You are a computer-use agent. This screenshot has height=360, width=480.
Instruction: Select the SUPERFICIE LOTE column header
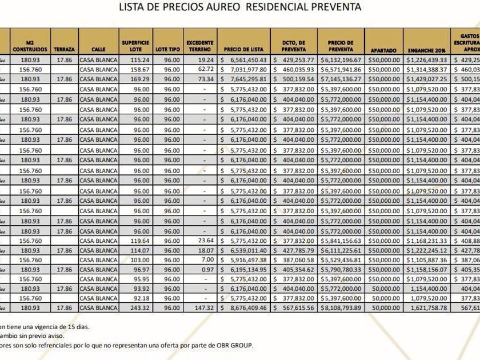135,46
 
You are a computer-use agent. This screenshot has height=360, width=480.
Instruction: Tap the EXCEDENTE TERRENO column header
200,46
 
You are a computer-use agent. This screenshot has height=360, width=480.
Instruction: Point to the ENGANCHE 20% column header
423,50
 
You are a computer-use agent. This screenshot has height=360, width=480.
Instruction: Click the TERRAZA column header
64,50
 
